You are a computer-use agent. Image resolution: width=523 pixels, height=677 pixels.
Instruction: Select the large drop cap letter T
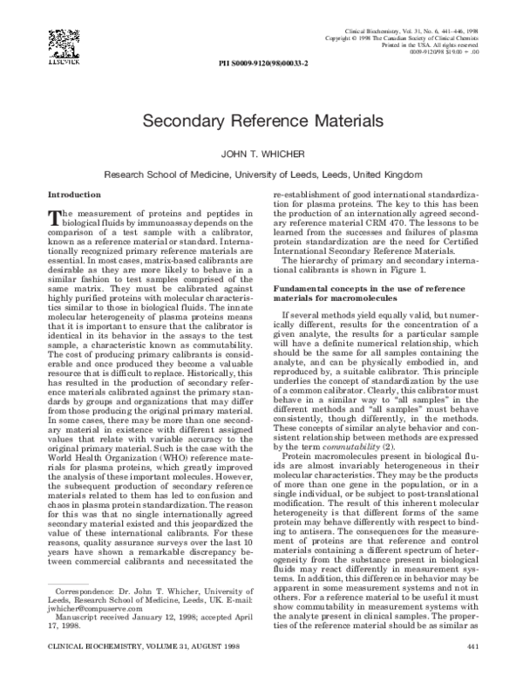tap(54, 218)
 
